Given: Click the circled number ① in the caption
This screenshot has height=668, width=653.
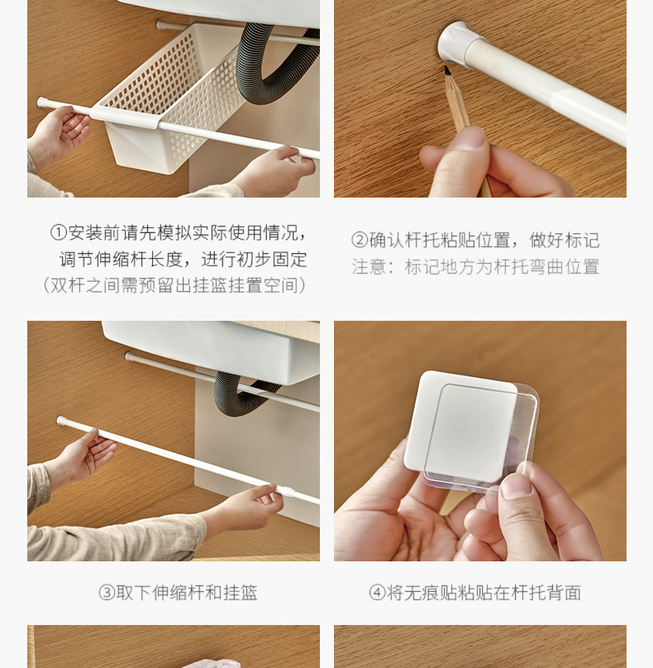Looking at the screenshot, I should click(x=59, y=232).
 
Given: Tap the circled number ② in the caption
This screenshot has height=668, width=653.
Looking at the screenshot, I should click(x=360, y=241).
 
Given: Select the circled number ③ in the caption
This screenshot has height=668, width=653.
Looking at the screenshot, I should click(x=107, y=593).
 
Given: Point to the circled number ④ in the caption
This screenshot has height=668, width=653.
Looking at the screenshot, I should click(x=378, y=593).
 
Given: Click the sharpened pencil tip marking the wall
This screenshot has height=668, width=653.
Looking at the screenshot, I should click(x=447, y=72).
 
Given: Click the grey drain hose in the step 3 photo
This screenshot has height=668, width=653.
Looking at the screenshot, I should click(x=236, y=393).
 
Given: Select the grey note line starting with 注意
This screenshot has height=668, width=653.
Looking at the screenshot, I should click(x=475, y=267).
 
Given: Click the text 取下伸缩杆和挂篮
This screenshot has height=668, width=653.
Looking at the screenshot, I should click(x=187, y=593).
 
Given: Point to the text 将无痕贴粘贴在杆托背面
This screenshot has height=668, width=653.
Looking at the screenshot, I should click(x=484, y=593).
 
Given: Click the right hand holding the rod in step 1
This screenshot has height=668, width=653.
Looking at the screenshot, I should click(x=273, y=169).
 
